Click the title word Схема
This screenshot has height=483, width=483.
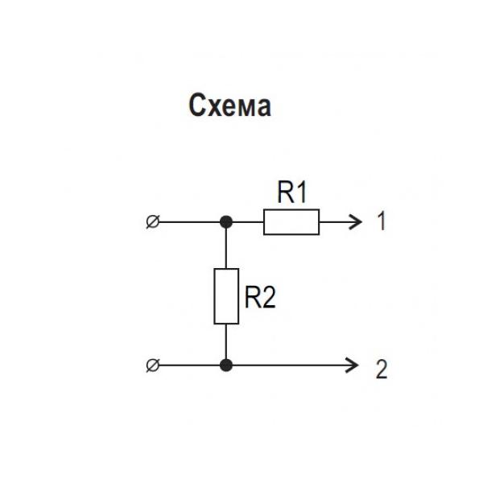click(229, 105)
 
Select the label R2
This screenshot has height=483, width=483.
click(260, 299)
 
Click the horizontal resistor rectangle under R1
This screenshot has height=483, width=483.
click(291, 221)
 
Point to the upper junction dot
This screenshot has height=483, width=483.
click(226, 221)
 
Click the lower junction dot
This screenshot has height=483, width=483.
click(226, 365)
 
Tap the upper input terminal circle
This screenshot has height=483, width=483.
click(153, 221)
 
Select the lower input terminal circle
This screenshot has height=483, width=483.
click(153, 365)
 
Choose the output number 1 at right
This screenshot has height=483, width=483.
click(382, 221)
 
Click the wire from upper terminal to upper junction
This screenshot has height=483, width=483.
click(189, 221)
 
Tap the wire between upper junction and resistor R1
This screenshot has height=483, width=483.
click(246, 221)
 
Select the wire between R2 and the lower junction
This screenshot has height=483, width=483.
click(226, 342)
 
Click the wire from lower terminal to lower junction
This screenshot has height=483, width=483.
click(189, 365)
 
